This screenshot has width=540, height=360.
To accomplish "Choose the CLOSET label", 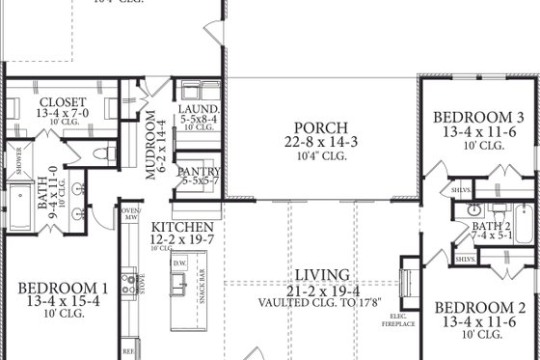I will tap(63, 102).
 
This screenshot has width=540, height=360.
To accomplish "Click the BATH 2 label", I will tap(472, 226).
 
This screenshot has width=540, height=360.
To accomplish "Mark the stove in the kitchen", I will tap(126, 284).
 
